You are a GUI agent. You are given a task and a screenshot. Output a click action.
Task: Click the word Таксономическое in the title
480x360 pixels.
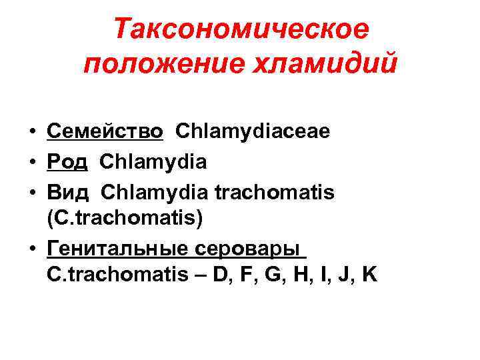pos(241,30)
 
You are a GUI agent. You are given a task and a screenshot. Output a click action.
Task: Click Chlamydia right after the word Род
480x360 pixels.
pos(154,161)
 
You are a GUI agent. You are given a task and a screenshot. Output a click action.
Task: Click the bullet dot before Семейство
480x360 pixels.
pos(32,132)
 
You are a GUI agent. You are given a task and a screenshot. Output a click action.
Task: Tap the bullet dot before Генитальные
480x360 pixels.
pos(32,249)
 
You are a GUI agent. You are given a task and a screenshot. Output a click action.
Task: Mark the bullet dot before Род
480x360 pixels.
pos(32,162)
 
